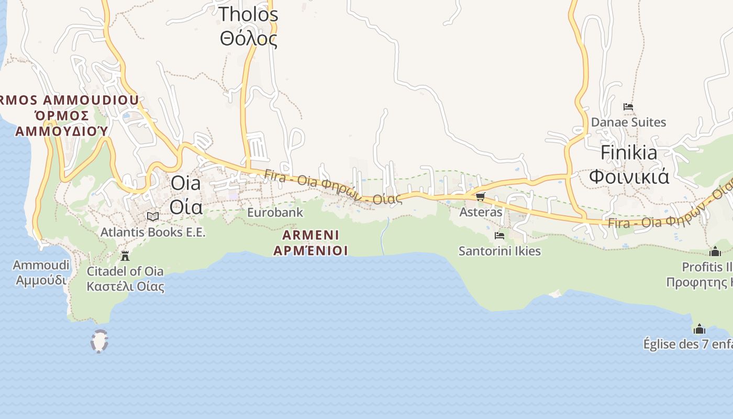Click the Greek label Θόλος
(249, 39)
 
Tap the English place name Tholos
(248, 14)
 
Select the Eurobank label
(275, 212)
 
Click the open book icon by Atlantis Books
(153, 216)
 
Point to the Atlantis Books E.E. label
(153, 232)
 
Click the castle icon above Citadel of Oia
(125, 256)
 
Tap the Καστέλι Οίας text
(125, 286)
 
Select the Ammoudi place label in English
(41, 265)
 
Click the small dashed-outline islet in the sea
(99, 341)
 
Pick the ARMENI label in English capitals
(310, 235)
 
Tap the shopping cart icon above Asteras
(481, 197)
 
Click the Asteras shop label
(481, 212)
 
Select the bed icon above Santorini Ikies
(499, 236)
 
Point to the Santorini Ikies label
(499, 251)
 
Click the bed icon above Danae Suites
(628, 107)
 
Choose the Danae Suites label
(628, 122)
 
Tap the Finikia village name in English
(629, 152)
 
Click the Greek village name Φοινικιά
(629, 177)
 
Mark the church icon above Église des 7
(699, 329)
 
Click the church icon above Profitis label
(715, 252)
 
